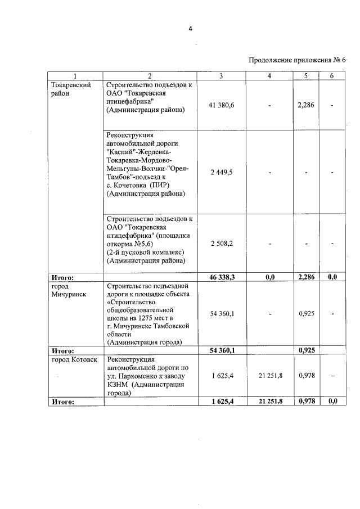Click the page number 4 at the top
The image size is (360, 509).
pos(190,30)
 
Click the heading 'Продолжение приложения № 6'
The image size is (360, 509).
pos(296,60)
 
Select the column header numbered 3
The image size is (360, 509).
pos(220,76)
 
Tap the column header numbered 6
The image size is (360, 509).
pos(332,76)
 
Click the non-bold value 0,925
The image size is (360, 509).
pos(305,313)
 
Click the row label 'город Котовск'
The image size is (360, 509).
pos(74,359)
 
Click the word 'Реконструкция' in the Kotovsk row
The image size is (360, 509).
pos(130,359)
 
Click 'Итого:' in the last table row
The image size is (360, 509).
pos(63,402)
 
